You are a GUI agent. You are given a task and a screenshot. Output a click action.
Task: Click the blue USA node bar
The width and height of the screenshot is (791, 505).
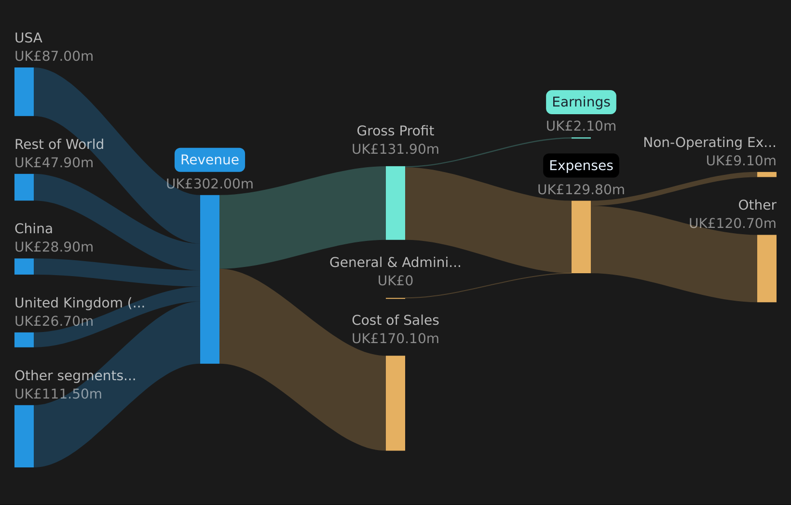click(24, 92)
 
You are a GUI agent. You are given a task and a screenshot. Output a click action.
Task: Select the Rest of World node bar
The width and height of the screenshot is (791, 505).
click(24, 187)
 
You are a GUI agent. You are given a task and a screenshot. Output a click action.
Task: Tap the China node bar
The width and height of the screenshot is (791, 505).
click(24, 266)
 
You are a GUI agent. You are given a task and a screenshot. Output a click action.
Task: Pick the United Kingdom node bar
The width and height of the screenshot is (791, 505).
click(24, 340)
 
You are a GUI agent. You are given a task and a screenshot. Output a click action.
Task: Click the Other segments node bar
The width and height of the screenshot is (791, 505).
click(24, 436)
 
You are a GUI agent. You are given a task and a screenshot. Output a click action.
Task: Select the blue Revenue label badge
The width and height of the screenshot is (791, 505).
click(210, 160)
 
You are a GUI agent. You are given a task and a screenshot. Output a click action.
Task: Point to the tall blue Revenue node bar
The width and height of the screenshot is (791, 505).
click(210, 279)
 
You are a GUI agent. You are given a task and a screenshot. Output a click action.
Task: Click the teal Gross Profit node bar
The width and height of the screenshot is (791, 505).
click(395, 203)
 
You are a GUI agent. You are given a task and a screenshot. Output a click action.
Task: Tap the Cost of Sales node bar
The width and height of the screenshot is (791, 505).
click(395, 403)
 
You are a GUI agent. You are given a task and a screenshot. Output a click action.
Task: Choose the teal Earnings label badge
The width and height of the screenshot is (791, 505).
click(581, 102)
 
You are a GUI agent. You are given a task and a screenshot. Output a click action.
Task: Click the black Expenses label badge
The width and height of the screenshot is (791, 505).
click(581, 166)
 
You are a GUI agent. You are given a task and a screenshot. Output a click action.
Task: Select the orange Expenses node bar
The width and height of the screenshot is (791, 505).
click(581, 237)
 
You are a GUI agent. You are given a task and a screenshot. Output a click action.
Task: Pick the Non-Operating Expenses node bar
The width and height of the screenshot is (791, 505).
click(766, 174)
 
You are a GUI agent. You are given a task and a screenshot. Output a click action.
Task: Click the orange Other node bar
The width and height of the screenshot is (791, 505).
click(766, 268)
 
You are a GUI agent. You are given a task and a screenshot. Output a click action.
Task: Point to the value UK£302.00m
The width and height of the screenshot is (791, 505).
click(210, 184)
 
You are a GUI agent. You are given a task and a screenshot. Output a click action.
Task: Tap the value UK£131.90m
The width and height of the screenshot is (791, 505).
click(395, 149)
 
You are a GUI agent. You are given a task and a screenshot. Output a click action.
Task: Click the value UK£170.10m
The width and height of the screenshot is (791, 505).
click(395, 339)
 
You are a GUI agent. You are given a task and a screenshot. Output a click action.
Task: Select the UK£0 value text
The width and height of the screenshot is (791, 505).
click(395, 281)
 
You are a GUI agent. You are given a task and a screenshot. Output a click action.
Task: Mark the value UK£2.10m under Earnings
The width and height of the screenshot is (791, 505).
click(581, 126)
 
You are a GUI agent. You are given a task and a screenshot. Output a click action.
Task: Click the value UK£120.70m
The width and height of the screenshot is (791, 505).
click(732, 224)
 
